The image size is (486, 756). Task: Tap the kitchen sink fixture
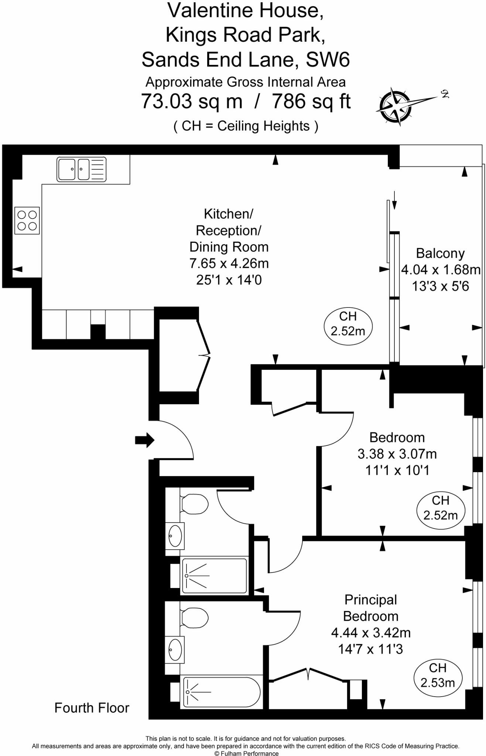click(81, 169)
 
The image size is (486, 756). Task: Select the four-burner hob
click(27, 220)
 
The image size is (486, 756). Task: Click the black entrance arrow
click(144, 440)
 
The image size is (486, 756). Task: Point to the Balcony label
click(440, 253)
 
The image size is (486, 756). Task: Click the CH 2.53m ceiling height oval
click(438, 675)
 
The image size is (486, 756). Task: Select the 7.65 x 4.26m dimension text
click(229, 263)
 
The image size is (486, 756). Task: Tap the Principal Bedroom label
click(370, 608)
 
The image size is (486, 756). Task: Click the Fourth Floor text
click(92, 708)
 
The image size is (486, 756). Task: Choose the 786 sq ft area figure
click(311, 101)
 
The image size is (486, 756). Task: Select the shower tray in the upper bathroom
click(214, 575)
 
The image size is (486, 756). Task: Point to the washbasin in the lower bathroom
click(175, 649)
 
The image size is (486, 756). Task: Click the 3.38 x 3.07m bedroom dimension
click(397, 454)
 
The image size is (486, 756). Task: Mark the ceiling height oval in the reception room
click(348, 323)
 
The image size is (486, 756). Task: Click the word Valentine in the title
click(210, 10)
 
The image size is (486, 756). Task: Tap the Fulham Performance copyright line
click(246, 753)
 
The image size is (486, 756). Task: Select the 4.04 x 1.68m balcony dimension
click(441, 269)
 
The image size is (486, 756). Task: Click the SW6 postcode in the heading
click(328, 59)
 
